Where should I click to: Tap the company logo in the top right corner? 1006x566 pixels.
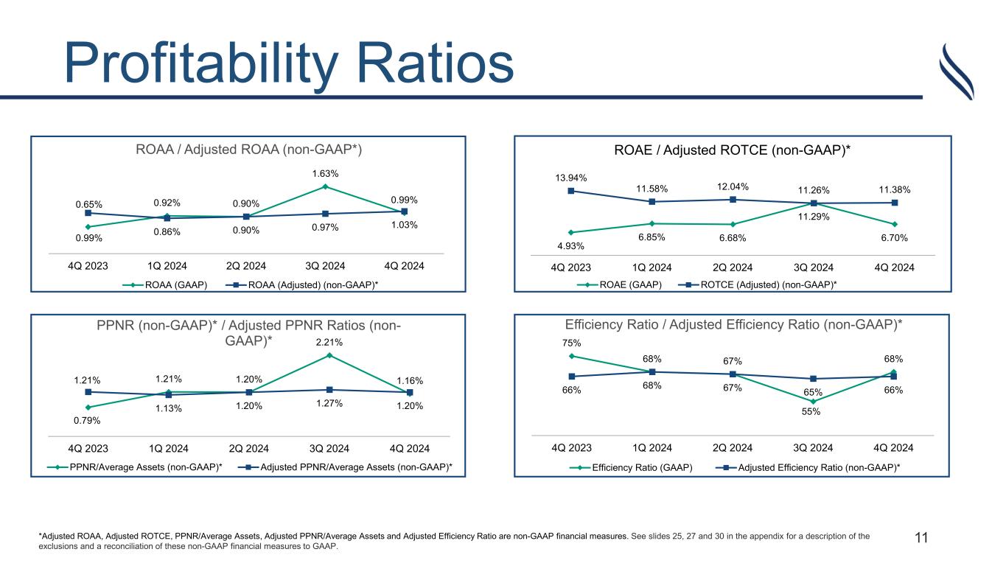coord(957,71)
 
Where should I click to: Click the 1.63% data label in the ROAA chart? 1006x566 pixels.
coord(324,173)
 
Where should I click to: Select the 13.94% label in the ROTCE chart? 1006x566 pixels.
coord(571,178)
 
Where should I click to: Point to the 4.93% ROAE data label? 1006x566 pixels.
coord(571,245)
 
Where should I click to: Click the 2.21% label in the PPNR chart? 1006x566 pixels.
coord(329,342)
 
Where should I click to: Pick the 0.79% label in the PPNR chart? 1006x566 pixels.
coord(88,421)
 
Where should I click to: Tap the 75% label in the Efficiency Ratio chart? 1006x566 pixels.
coord(572,343)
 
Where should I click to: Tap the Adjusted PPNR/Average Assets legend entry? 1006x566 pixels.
coord(356,467)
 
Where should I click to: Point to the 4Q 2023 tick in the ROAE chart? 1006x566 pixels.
coord(571,267)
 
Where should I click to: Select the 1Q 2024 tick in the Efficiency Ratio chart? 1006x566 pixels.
coord(652,447)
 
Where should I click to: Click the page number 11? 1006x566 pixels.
coord(921,538)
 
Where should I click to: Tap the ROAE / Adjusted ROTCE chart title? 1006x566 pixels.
coord(733,150)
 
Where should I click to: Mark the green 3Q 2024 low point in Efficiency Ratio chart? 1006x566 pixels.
coord(812,402)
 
